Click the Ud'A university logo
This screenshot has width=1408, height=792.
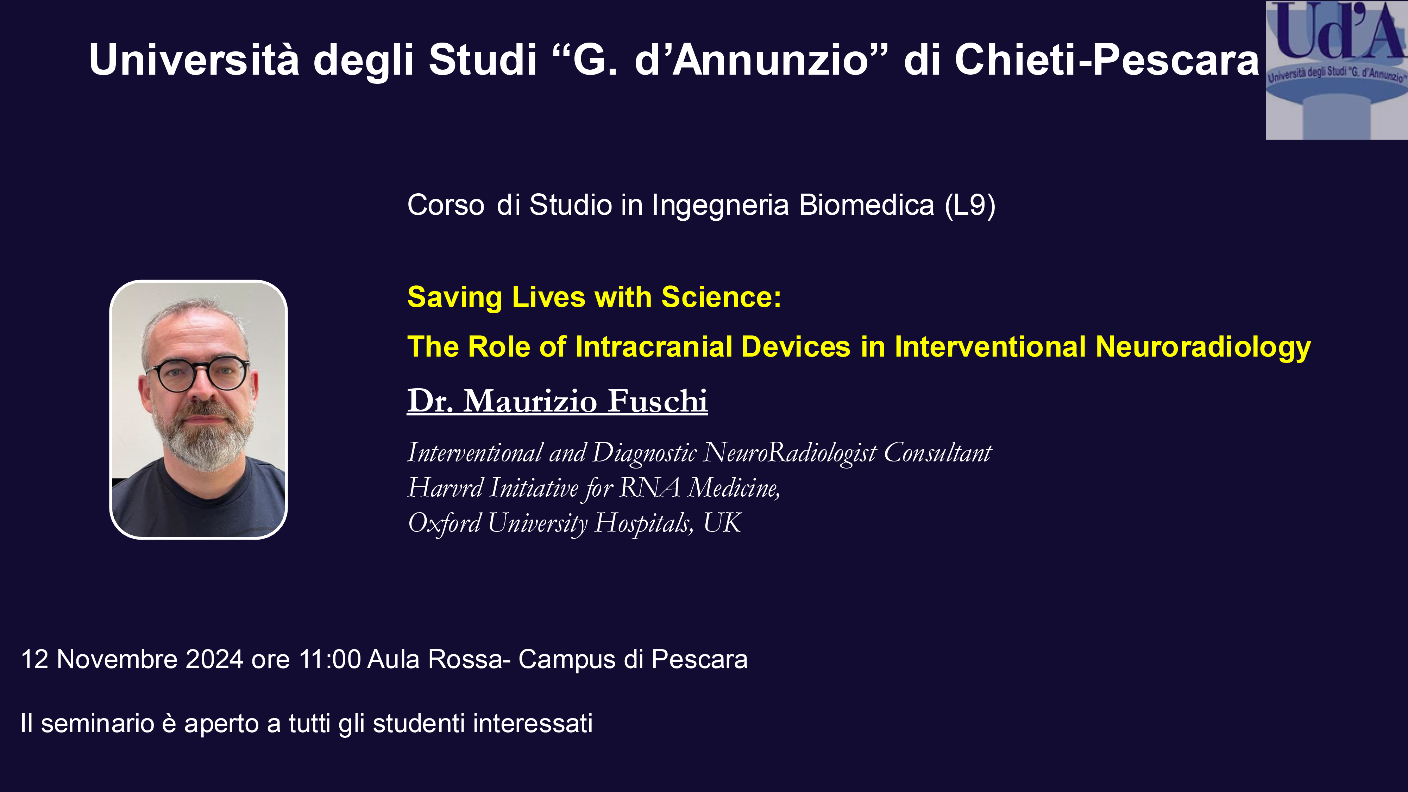click(x=1337, y=70)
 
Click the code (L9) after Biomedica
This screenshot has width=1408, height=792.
click(x=970, y=206)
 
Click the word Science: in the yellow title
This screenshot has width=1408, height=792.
click(x=722, y=297)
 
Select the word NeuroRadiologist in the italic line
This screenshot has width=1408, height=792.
click(x=790, y=453)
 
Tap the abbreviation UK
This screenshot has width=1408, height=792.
click(x=722, y=522)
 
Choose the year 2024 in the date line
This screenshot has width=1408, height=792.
click(x=214, y=659)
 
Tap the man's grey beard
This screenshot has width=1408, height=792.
click(x=202, y=437)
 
